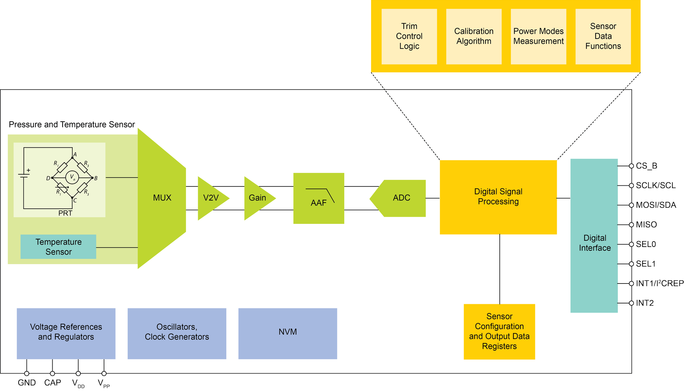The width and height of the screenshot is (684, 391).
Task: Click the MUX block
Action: pos(162,198)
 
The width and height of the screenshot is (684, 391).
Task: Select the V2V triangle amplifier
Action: pos(211,198)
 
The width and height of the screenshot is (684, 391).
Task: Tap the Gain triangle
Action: pos(257,198)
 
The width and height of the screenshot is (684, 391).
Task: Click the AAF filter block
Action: pos(318,198)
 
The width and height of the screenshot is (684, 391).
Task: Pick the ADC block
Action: pos(401,198)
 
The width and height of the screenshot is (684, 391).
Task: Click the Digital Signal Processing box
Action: pos(498,197)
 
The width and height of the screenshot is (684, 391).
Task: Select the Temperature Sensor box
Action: pos(58,247)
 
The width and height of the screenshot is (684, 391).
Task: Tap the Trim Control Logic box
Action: pos(409,37)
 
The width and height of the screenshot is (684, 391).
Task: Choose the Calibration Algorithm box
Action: pos(474,37)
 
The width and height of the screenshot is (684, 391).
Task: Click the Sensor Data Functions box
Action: pos(603,37)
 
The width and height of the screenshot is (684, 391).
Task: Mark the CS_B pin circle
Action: pos(631,166)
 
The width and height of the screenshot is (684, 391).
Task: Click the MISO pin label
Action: pos(646,225)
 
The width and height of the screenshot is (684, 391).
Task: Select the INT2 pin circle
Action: pos(631,303)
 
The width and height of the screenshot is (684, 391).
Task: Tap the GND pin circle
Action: pos(26,373)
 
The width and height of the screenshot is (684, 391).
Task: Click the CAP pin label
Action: pos(53,383)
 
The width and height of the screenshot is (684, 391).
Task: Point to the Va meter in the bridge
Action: pos(72,177)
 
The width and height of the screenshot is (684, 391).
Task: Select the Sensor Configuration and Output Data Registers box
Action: pos(499,331)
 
